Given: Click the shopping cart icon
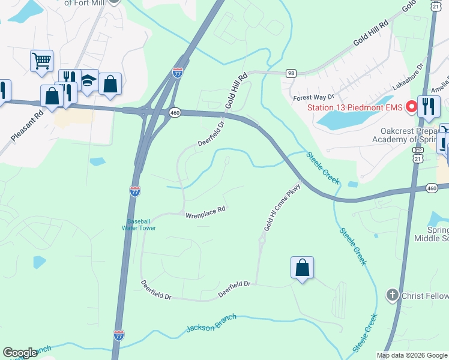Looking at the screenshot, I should (x=41, y=60).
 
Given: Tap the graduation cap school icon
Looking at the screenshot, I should (x=88, y=80).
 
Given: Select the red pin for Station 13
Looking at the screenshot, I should (x=412, y=107).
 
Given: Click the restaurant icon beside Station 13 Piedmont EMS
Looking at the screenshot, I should (x=429, y=107).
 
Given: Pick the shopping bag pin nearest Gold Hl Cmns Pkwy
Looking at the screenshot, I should (x=302, y=268).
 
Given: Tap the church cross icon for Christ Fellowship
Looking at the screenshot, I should (x=392, y=295).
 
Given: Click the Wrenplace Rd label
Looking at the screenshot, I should (x=205, y=211).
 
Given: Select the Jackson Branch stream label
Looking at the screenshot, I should (x=211, y=323).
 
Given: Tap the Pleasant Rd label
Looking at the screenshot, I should (x=27, y=125).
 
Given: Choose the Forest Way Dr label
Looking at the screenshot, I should (x=313, y=97).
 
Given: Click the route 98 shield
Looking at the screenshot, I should (x=291, y=73).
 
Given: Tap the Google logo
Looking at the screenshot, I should (x=20, y=353).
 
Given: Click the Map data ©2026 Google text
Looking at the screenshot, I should (x=411, y=355).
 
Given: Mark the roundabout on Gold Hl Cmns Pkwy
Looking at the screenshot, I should (x=262, y=241).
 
